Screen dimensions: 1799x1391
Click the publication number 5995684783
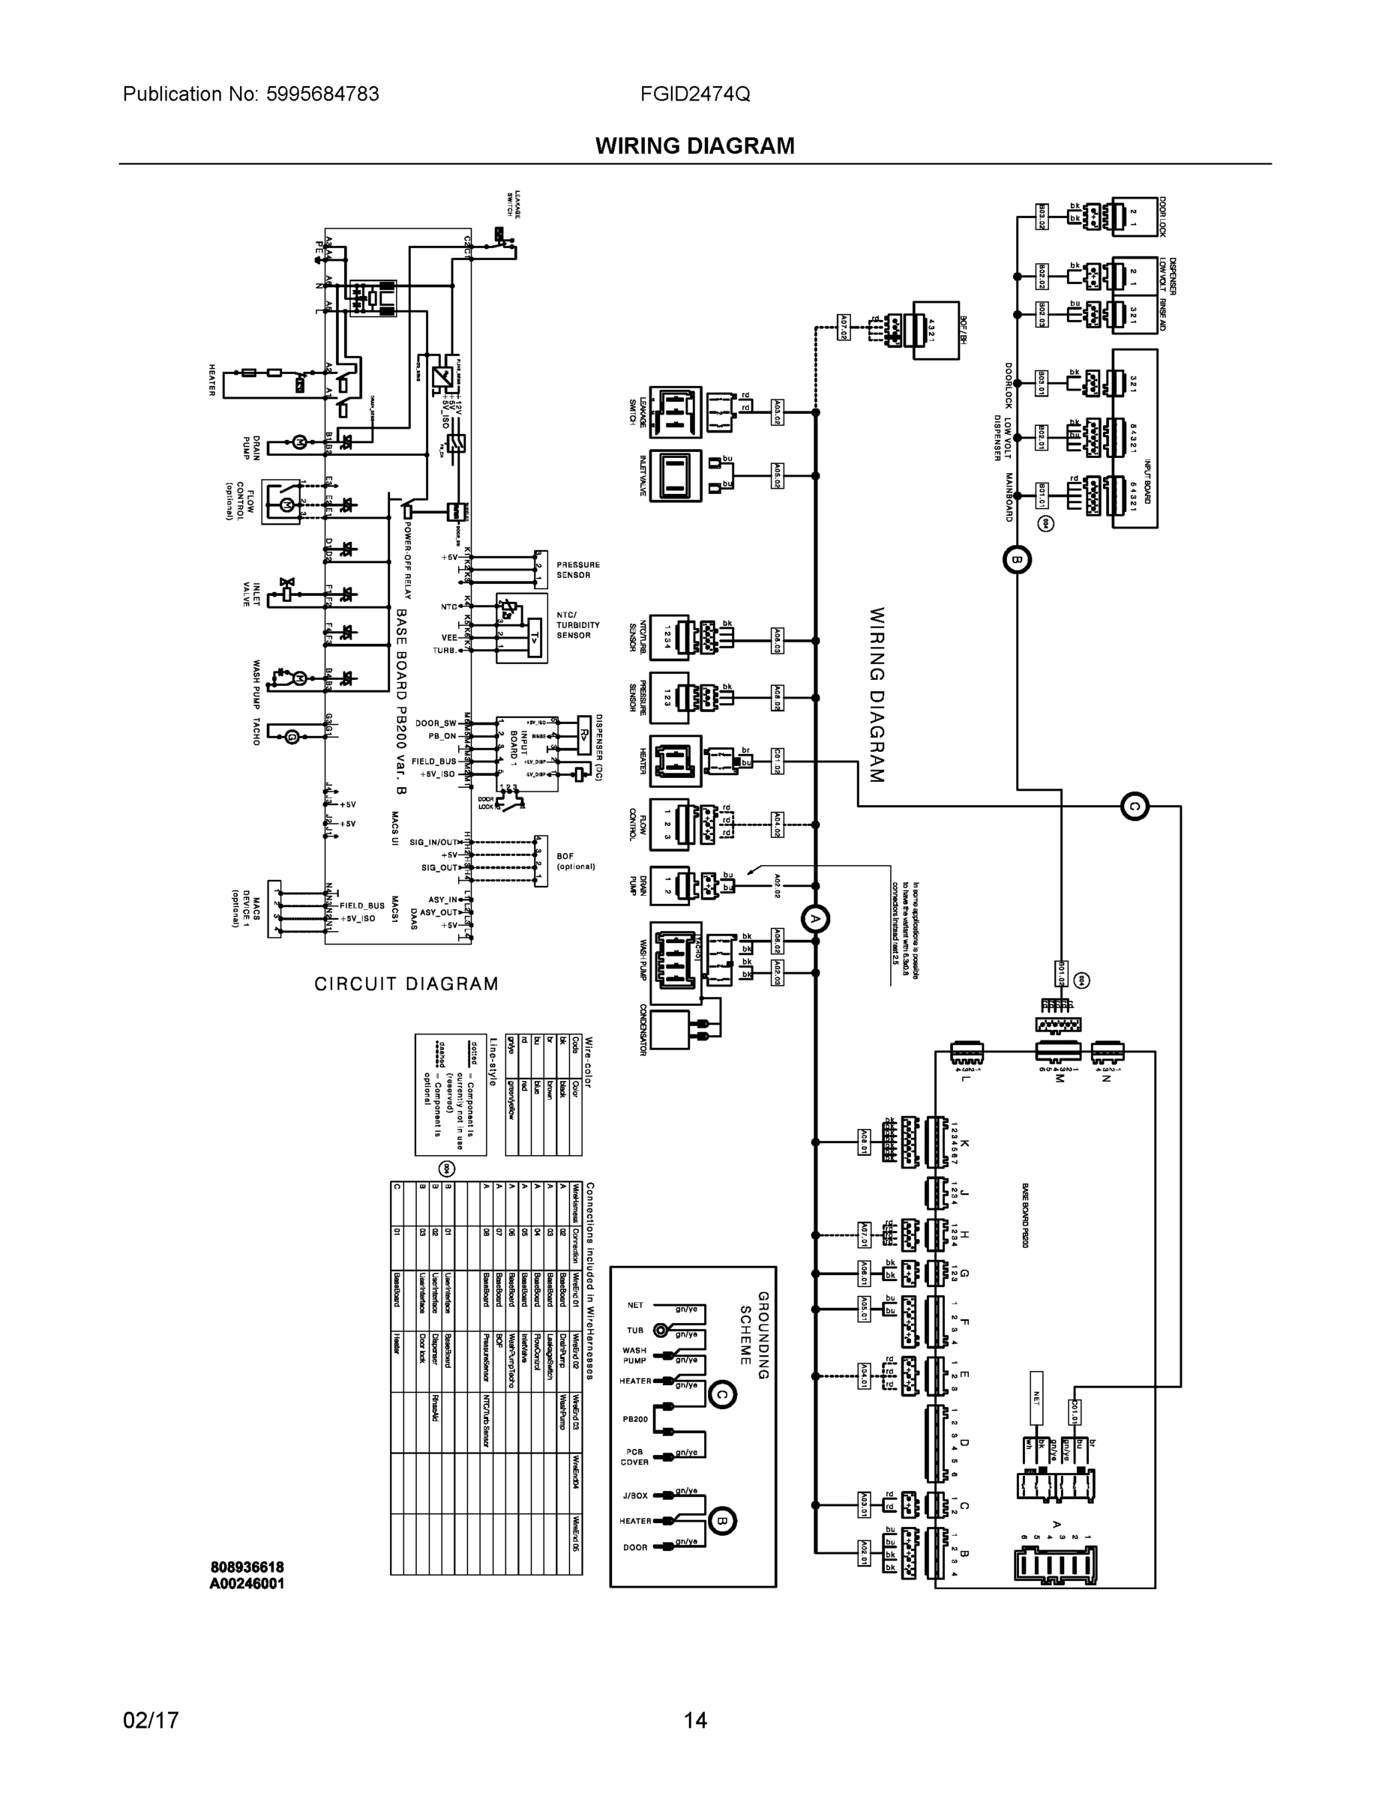coord(322,94)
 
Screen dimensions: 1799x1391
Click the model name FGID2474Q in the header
coord(694,94)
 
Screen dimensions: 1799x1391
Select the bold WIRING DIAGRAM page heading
coord(694,146)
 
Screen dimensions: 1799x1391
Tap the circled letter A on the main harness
coord(815,918)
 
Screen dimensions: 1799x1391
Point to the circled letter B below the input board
coord(1016,560)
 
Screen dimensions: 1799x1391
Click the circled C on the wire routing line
coord(1135,807)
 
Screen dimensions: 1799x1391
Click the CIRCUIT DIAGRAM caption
coord(406,983)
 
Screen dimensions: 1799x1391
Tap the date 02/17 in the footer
coord(151,1720)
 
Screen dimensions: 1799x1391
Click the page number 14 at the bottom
coord(694,1720)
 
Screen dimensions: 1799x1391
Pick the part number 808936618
coord(247,1567)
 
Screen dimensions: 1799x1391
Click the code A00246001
coord(247,1583)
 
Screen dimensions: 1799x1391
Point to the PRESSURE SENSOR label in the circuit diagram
coord(577,570)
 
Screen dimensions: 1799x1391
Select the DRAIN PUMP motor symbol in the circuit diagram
coord(298,442)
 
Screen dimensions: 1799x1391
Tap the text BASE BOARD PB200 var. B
coord(401,701)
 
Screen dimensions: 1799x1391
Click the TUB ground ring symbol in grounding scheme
coord(660,1330)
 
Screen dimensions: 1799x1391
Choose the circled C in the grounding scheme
coord(722,1393)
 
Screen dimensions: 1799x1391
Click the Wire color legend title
coord(589,1063)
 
